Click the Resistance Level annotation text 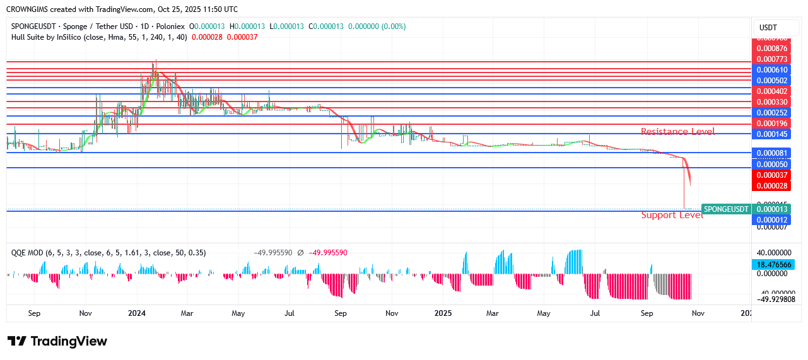pos(677,132)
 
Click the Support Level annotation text pos(672,215)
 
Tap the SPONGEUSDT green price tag pos(726,209)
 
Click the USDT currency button pos(768,28)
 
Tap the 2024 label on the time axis pos(136,313)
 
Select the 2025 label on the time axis pos(443,313)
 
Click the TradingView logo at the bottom pos(57,341)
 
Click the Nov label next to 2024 pos(86,313)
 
